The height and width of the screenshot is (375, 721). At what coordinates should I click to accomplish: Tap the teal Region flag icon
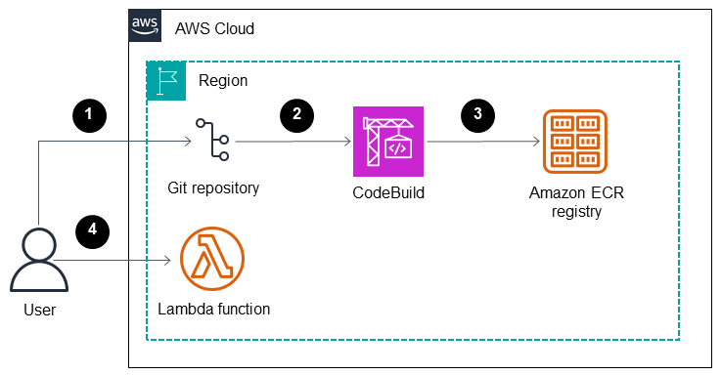164,80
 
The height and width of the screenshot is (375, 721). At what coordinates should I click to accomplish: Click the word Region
223,81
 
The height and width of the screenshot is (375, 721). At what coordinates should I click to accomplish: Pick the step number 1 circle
89,114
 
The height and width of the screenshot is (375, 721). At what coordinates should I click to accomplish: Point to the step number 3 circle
477,114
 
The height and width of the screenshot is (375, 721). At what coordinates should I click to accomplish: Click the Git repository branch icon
212,141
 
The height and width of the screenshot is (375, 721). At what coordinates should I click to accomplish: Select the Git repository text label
213,187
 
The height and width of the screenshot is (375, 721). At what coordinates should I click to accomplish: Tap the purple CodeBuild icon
387,141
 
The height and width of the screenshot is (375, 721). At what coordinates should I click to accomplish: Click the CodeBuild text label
388,192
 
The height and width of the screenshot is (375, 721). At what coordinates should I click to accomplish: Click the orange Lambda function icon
212,261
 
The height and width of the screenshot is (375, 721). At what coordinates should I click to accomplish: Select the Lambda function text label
213,310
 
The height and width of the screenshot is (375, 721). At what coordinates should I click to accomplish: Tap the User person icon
38,260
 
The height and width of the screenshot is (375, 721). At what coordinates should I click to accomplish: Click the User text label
38,311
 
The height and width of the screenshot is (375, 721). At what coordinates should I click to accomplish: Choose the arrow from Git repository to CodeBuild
293,141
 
